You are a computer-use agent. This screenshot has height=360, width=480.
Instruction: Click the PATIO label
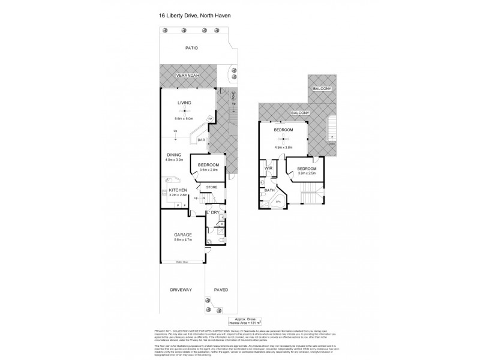coord(191,48)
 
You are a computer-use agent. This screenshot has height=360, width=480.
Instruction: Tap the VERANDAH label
coord(187,76)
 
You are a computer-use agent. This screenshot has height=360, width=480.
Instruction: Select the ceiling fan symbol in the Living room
coord(185,112)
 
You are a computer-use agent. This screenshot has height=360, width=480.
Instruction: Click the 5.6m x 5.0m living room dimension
coord(185,118)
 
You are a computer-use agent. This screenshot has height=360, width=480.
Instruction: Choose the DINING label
coord(175,154)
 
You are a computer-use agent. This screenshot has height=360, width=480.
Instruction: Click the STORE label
coord(211,187)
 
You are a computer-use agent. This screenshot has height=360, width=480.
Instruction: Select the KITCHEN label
coord(178,190)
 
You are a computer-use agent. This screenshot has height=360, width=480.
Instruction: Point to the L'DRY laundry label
coord(212,212)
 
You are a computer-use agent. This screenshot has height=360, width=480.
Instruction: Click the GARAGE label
coord(182,235)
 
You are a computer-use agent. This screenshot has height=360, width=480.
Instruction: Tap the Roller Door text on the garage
coord(182,262)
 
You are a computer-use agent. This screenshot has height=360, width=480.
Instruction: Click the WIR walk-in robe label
coord(269,169)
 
